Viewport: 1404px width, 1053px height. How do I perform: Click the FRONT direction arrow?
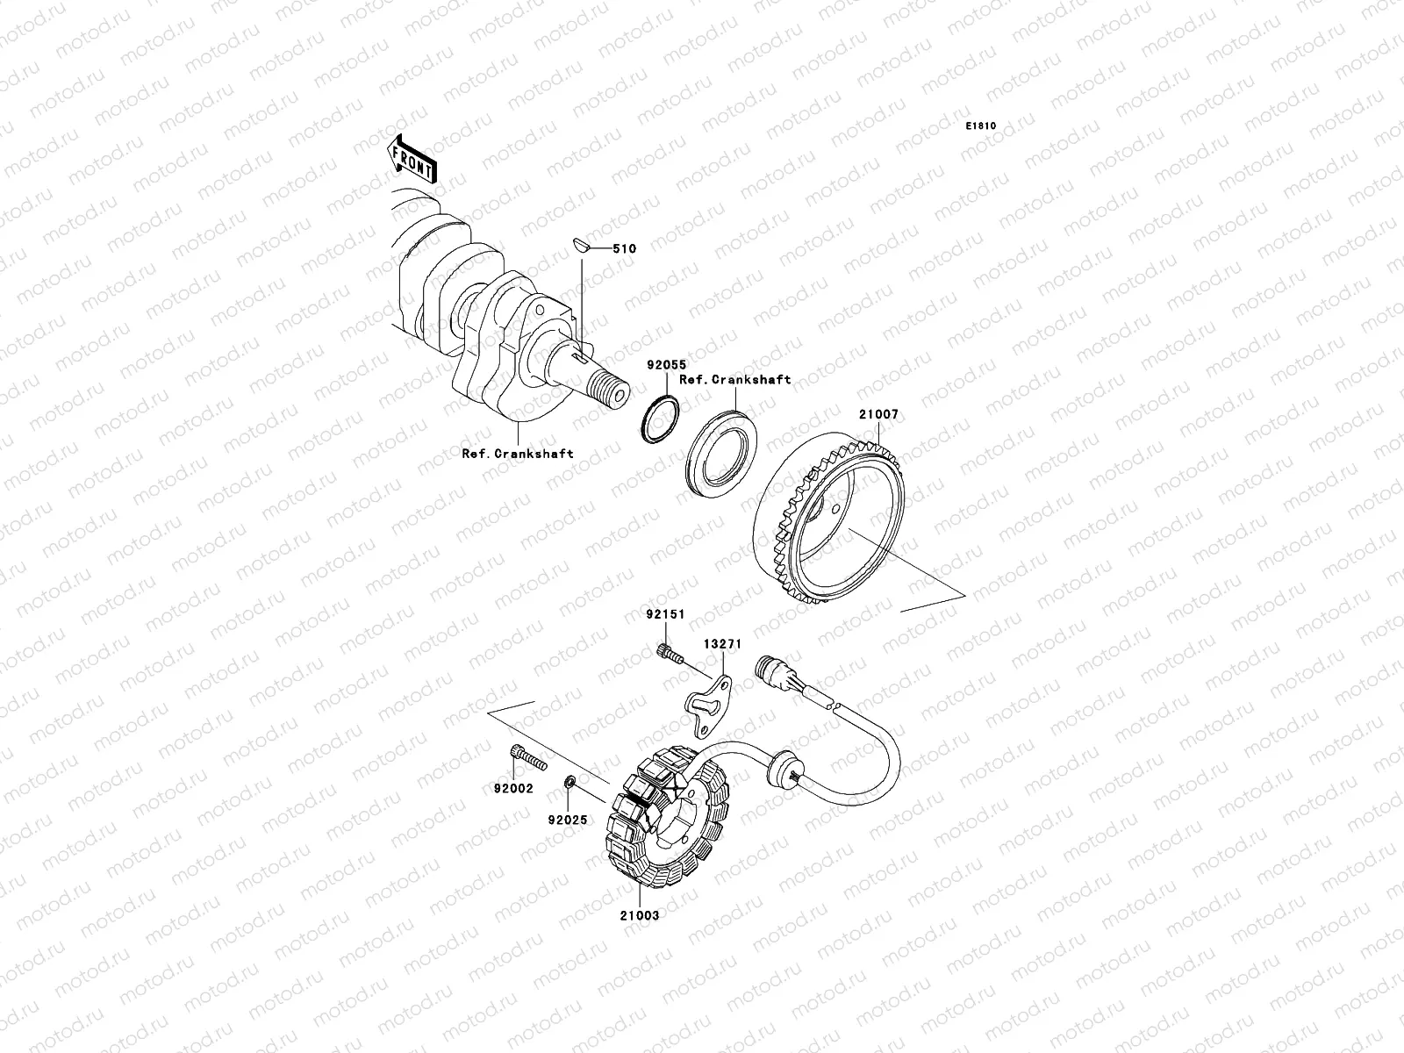coord(412,159)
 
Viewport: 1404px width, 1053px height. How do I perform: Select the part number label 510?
coord(624,248)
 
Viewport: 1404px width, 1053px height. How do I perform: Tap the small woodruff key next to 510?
coord(580,245)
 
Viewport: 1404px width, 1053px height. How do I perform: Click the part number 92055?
coord(667,364)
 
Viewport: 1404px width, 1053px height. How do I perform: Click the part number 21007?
coord(879,414)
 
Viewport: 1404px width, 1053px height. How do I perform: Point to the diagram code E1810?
coord(980,126)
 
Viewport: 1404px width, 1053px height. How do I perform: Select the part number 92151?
coord(665,613)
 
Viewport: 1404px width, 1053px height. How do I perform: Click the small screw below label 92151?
coord(670,653)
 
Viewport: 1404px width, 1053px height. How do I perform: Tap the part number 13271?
coord(723,644)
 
